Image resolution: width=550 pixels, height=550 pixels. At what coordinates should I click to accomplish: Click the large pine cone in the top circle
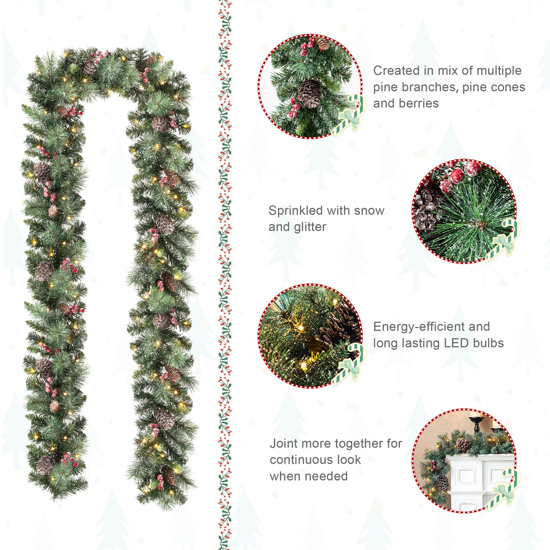tap(309, 94)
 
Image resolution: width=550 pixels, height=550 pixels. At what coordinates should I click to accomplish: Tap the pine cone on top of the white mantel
tap(463, 445)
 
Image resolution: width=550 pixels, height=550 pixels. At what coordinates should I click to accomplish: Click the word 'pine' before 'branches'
tap(385, 87)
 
